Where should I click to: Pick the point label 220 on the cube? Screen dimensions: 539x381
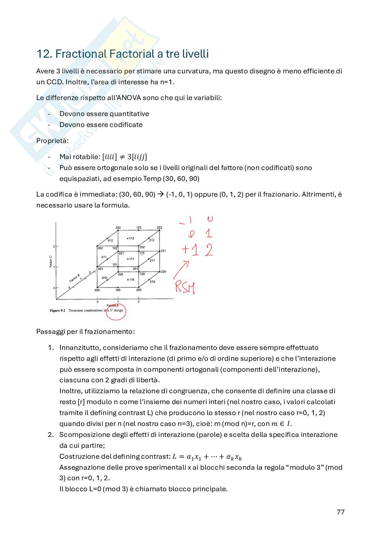(x=163, y=272)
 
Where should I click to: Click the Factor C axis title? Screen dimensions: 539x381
(x=51, y=261)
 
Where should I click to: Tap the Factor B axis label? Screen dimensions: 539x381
(x=74, y=278)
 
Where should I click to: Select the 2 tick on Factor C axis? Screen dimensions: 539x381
(x=54, y=246)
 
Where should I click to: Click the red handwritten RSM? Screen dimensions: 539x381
(x=185, y=287)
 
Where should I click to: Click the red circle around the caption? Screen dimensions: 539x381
(x=116, y=311)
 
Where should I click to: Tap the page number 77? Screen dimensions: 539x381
(x=340, y=512)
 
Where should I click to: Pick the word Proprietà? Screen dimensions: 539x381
(x=52, y=141)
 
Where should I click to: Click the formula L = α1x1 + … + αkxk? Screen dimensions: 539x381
(x=207, y=457)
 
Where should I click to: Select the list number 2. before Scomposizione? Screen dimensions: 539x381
(x=51, y=435)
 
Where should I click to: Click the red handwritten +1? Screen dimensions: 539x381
(x=190, y=250)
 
